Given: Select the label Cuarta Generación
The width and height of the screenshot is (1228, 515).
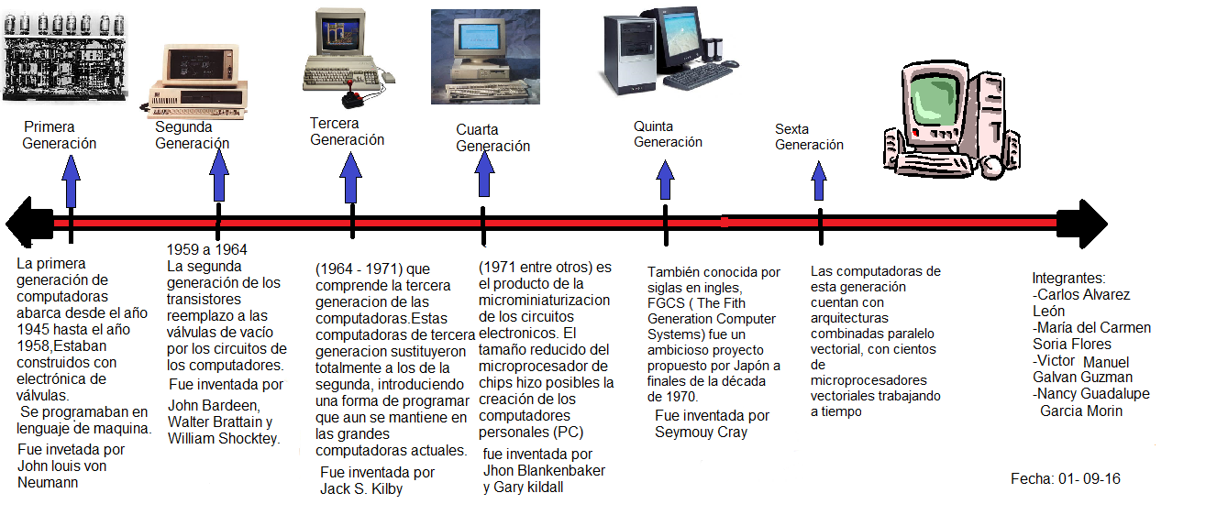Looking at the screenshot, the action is (492, 138).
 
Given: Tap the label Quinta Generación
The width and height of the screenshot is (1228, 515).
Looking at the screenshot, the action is (668, 134).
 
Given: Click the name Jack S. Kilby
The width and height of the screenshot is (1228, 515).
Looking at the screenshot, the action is (361, 489).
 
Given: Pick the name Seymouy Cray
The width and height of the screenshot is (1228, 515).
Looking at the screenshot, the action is (701, 433).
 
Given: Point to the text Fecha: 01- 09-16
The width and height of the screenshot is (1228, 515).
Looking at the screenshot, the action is (1066, 479).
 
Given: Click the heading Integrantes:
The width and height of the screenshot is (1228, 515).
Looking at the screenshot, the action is (1068, 279).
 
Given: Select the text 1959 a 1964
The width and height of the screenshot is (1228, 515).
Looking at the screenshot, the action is (206, 249).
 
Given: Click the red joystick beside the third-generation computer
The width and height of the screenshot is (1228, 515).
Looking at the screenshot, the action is (352, 98).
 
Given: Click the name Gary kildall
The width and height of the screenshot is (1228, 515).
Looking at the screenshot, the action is (523, 488).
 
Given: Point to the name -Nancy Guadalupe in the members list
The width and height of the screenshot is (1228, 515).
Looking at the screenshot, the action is (1090, 394).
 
